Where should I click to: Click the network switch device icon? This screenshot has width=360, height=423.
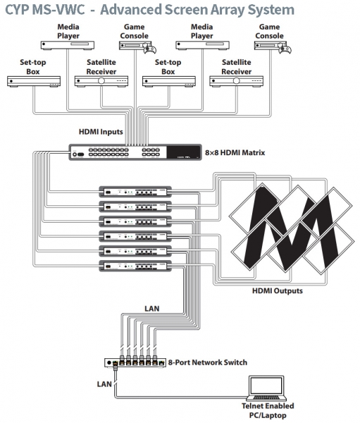[x=137, y=362]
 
